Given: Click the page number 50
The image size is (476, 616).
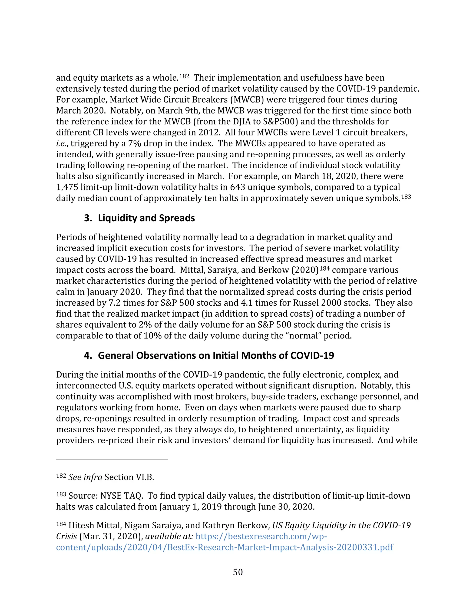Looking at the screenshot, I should pyautogui.click(x=238, y=572).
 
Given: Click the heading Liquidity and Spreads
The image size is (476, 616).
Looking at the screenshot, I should pyautogui.click(x=146, y=218).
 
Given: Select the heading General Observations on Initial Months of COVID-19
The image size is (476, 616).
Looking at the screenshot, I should pyautogui.click(x=216, y=355).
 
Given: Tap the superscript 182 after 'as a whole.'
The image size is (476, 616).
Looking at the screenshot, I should pyautogui.click(x=184, y=76).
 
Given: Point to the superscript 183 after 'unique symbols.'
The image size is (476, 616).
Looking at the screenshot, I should pyautogui.click(x=406, y=197).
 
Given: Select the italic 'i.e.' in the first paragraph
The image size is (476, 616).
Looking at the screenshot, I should pyautogui.click(x=61, y=144).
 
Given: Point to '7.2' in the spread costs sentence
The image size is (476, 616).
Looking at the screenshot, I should pyautogui.click(x=115, y=303).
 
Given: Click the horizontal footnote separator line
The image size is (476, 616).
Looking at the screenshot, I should pyautogui.click(x=112, y=459).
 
